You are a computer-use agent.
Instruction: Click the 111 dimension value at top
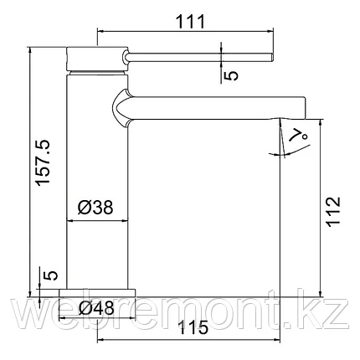point(191,22)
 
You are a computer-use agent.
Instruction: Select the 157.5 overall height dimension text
point(44,162)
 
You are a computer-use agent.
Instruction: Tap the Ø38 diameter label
point(95,208)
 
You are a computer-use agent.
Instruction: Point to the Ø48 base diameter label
point(96,308)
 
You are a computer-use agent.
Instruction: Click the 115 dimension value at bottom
point(193,327)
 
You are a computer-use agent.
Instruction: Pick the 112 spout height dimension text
point(334,211)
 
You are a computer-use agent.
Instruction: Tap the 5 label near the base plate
point(51,275)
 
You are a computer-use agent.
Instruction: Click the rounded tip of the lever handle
point(272,57)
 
